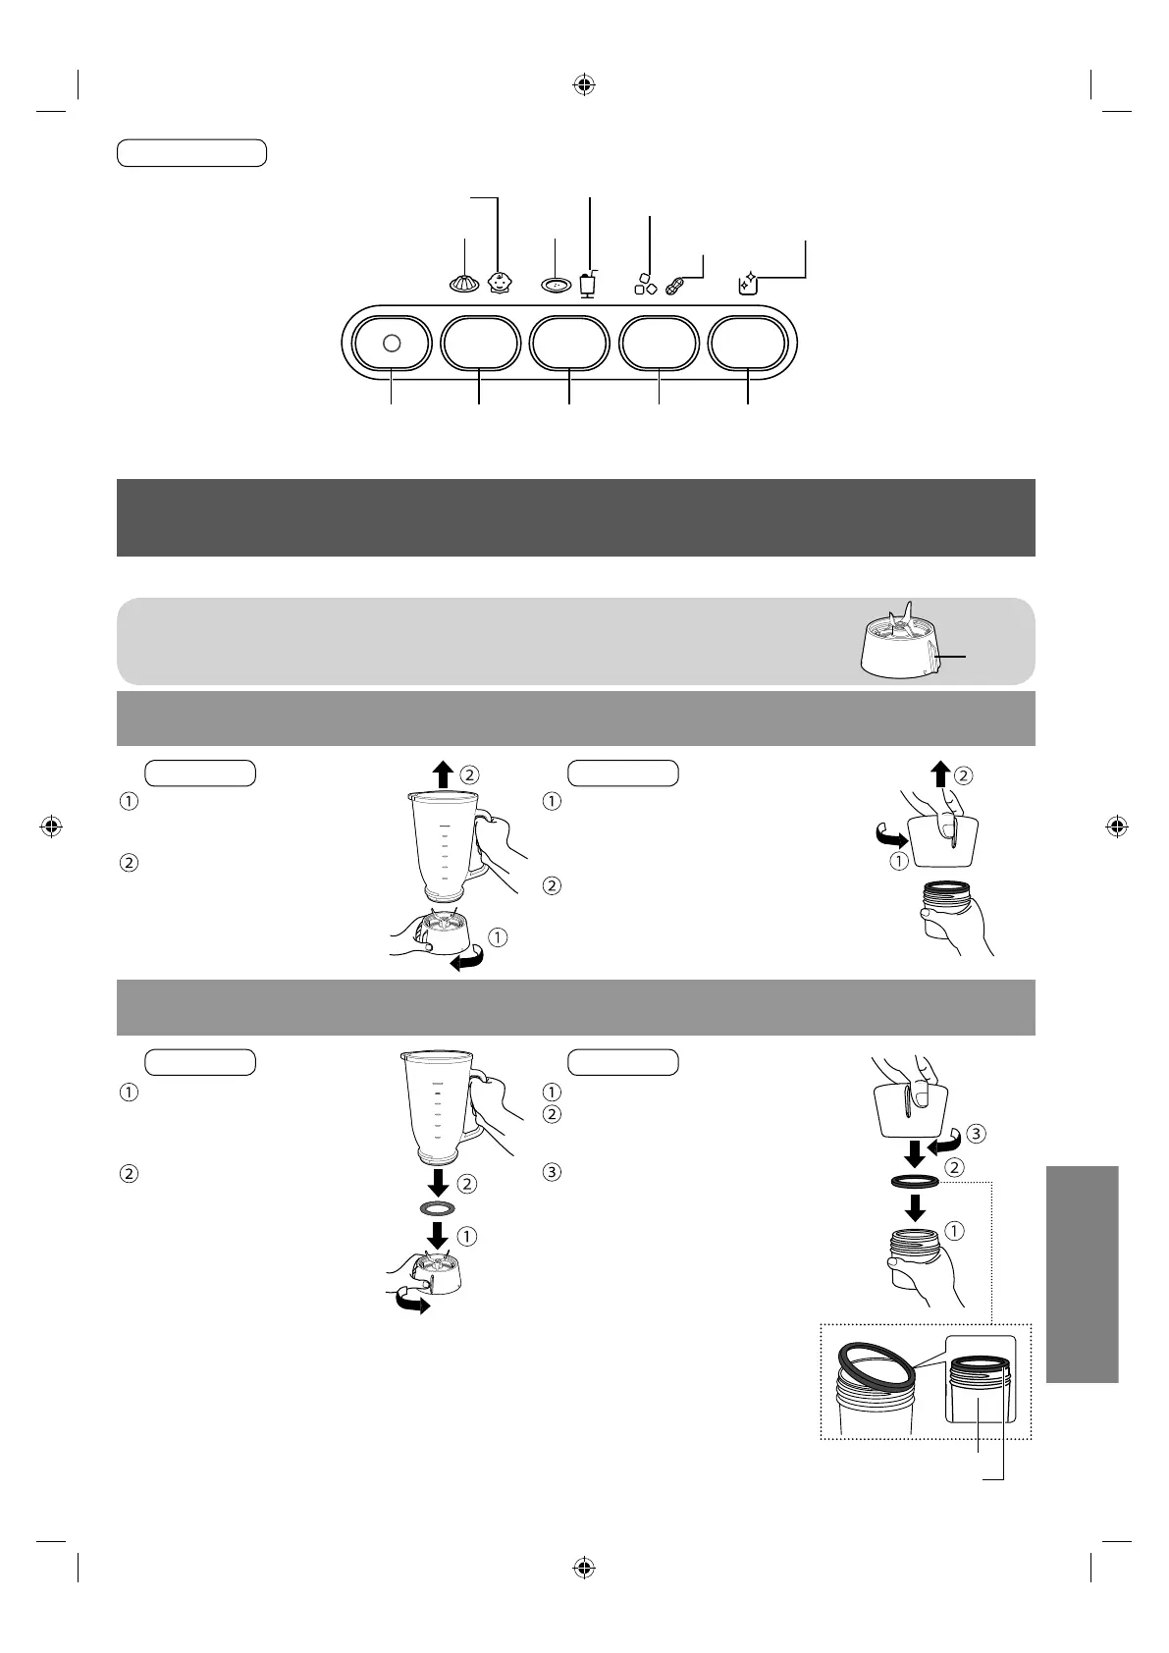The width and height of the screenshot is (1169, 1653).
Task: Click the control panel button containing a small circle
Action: click(x=392, y=343)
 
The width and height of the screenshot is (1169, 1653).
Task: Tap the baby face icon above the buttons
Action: click(x=500, y=284)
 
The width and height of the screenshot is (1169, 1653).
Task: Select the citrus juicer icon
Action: click(x=464, y=284)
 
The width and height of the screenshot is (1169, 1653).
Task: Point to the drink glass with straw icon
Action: click(x=588, y=284)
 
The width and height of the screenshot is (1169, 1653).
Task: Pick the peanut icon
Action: click(x=677, y=287)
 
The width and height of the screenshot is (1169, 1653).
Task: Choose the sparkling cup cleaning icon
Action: click(x=747, y=285)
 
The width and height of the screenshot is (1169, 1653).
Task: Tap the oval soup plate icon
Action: click(x=556, y=285)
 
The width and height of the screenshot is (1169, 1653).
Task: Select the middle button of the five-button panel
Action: click(x=569, y=343)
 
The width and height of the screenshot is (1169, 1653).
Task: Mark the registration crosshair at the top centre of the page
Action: click(x=584, y=85)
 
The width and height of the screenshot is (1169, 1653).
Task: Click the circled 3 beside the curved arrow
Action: click(x=975, y=1133)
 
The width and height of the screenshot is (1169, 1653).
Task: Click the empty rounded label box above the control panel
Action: click(x=191, y=153)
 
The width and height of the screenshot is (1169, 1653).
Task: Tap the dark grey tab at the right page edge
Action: click(x=1082, y=1273)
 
